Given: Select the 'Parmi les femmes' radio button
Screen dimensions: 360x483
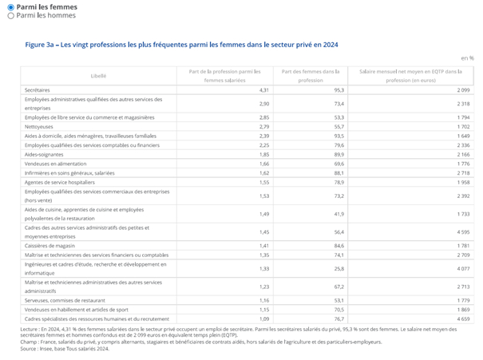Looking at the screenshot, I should coord(10,6).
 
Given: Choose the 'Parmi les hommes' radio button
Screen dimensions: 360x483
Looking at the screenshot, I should coord(10,15).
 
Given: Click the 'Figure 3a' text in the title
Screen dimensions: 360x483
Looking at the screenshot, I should coord(40,45).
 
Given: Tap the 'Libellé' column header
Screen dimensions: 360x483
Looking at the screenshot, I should coord(98,75).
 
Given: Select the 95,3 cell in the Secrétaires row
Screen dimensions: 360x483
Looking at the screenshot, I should coord(338,90).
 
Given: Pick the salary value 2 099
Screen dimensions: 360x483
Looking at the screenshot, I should coord(465,90).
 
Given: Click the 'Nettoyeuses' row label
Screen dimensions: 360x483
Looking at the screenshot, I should coord(39,126).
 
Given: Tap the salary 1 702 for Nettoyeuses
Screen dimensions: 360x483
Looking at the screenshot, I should coord(465,126).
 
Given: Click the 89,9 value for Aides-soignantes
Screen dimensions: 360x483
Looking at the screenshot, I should coord(338,154).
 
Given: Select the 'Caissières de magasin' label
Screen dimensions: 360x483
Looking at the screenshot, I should coord(53,246).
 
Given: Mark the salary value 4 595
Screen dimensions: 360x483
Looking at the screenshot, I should coord(465,231).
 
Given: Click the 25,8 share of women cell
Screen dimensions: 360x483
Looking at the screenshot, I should coord(338,268).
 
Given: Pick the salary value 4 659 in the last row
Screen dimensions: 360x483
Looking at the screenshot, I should coord(465,318).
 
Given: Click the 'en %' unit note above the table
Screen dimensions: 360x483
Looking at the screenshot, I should coord(467,58).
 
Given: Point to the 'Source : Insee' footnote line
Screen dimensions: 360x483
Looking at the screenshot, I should coord(60,348).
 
